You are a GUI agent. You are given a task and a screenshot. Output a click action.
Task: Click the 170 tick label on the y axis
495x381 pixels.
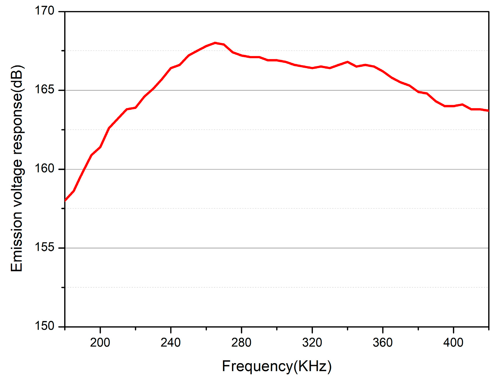click(45, 11)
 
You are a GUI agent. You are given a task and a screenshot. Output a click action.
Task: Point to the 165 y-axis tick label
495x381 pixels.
click(45, 90)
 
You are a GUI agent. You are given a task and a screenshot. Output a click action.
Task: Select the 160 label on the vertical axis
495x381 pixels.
click(45, 169)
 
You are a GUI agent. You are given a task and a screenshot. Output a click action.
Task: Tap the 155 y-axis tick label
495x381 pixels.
click(45, 247)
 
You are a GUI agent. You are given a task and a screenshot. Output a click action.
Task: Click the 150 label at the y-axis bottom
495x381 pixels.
click(45, 326)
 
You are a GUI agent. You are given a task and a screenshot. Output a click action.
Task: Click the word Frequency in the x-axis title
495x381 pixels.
click(257, 366)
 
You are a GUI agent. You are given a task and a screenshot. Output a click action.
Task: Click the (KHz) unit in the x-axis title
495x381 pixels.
click(313, 366)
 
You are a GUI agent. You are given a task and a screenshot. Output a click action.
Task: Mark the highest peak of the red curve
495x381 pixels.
click(215, 43)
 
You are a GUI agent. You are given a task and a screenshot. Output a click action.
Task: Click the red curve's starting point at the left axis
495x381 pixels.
click(65, 200)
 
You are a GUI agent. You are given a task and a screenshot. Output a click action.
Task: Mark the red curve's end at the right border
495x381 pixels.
click(488, 110)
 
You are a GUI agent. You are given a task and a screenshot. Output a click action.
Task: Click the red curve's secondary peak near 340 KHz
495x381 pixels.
click(347, 62)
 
